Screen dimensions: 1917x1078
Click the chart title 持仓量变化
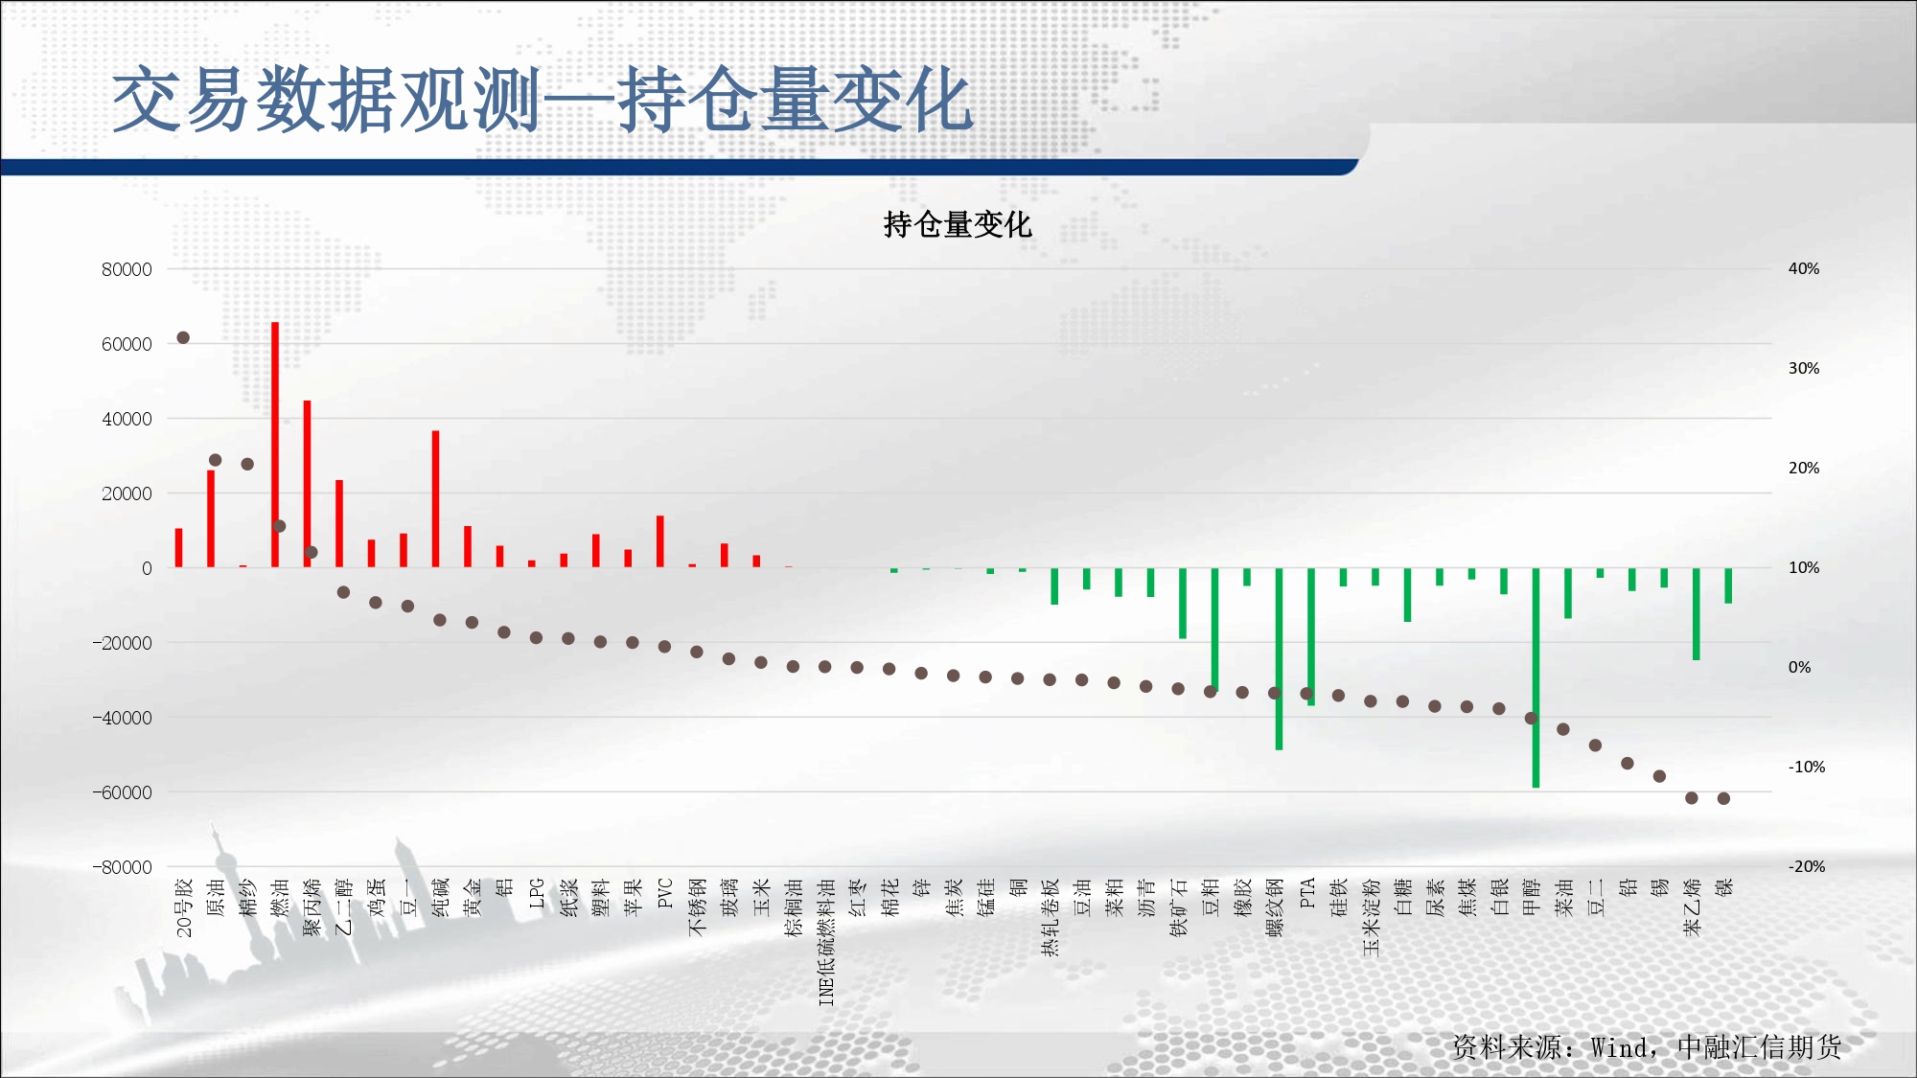click(x=957, y=224)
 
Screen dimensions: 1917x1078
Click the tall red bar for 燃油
click(x=275, y=445)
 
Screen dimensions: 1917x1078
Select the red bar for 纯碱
click(x=435, y=499)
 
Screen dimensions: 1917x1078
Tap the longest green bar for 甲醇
click(x=1536, y=677)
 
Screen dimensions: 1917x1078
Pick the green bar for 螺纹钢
click(x=1279, y=658)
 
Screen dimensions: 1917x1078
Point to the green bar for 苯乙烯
click(x=1696, y=613)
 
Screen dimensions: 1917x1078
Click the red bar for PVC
click(x=660, y=541)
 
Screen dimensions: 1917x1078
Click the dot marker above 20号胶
click(x=183, y=337)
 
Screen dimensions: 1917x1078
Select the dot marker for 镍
click(x=1723, y=798)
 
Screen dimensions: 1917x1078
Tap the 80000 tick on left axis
click(x=127, y=269)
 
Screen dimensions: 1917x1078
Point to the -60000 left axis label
click(x=122, y=792)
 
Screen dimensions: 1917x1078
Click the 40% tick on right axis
click(x=1804, y=269)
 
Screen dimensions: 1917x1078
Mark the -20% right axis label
click(x=1807, y=866)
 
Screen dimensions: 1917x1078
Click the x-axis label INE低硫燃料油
click(x=826, y=942)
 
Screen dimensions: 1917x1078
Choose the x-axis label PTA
click(x=1307, y=893)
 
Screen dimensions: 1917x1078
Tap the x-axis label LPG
click(x=537, y=893)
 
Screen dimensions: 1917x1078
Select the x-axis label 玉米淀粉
click(x=1372, y=917)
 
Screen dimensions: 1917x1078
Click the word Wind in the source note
click(x=1620, y=1047)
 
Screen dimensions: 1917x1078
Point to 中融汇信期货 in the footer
click(x=1759, y=1047)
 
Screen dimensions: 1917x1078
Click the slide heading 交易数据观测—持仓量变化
click(x=543, y=100)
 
